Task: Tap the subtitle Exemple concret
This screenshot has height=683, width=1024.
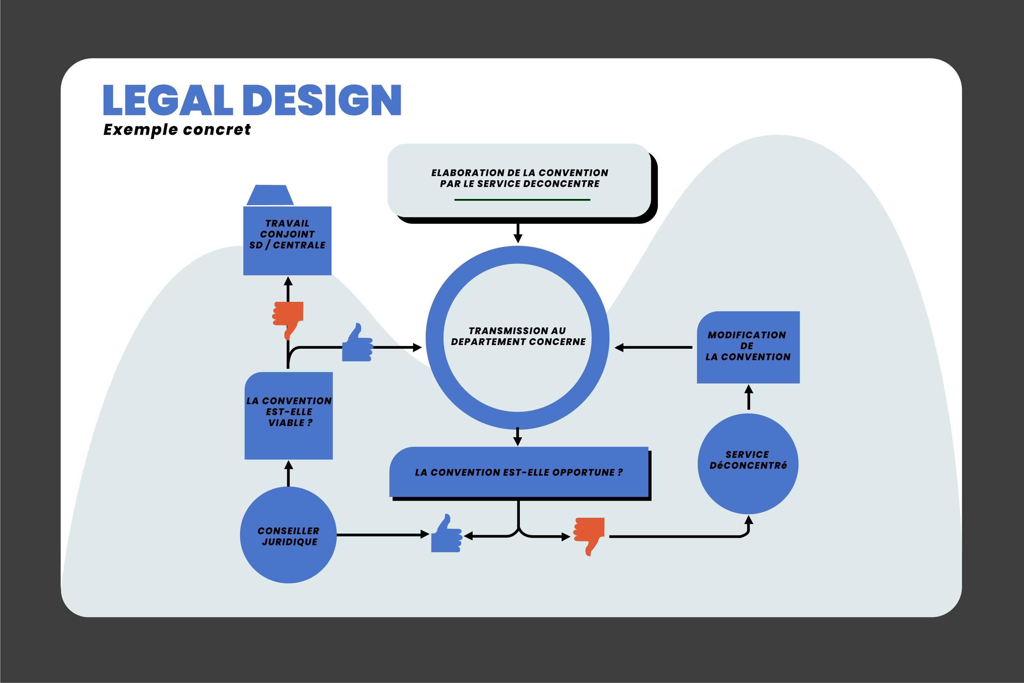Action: pos(177,130)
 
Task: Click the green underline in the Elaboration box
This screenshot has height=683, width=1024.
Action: pos(522,200)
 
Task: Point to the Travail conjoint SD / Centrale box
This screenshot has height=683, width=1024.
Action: pos(287,241)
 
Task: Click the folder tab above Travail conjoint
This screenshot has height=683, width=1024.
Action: pos(270,195)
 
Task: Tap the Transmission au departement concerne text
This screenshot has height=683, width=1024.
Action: pos(518,336)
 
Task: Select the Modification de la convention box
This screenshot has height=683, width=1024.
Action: pos(748,347)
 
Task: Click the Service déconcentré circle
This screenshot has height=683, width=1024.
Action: pos(748,463)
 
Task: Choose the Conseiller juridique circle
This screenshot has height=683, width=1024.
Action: pos(288,535)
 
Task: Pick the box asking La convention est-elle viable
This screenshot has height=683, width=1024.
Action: pos(289,416)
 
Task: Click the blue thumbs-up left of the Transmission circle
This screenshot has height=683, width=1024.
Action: pos(357,343)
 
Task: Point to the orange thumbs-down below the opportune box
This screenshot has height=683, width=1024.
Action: pos(589,536)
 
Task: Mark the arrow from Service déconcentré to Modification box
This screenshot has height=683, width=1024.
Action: pos(749,397)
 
